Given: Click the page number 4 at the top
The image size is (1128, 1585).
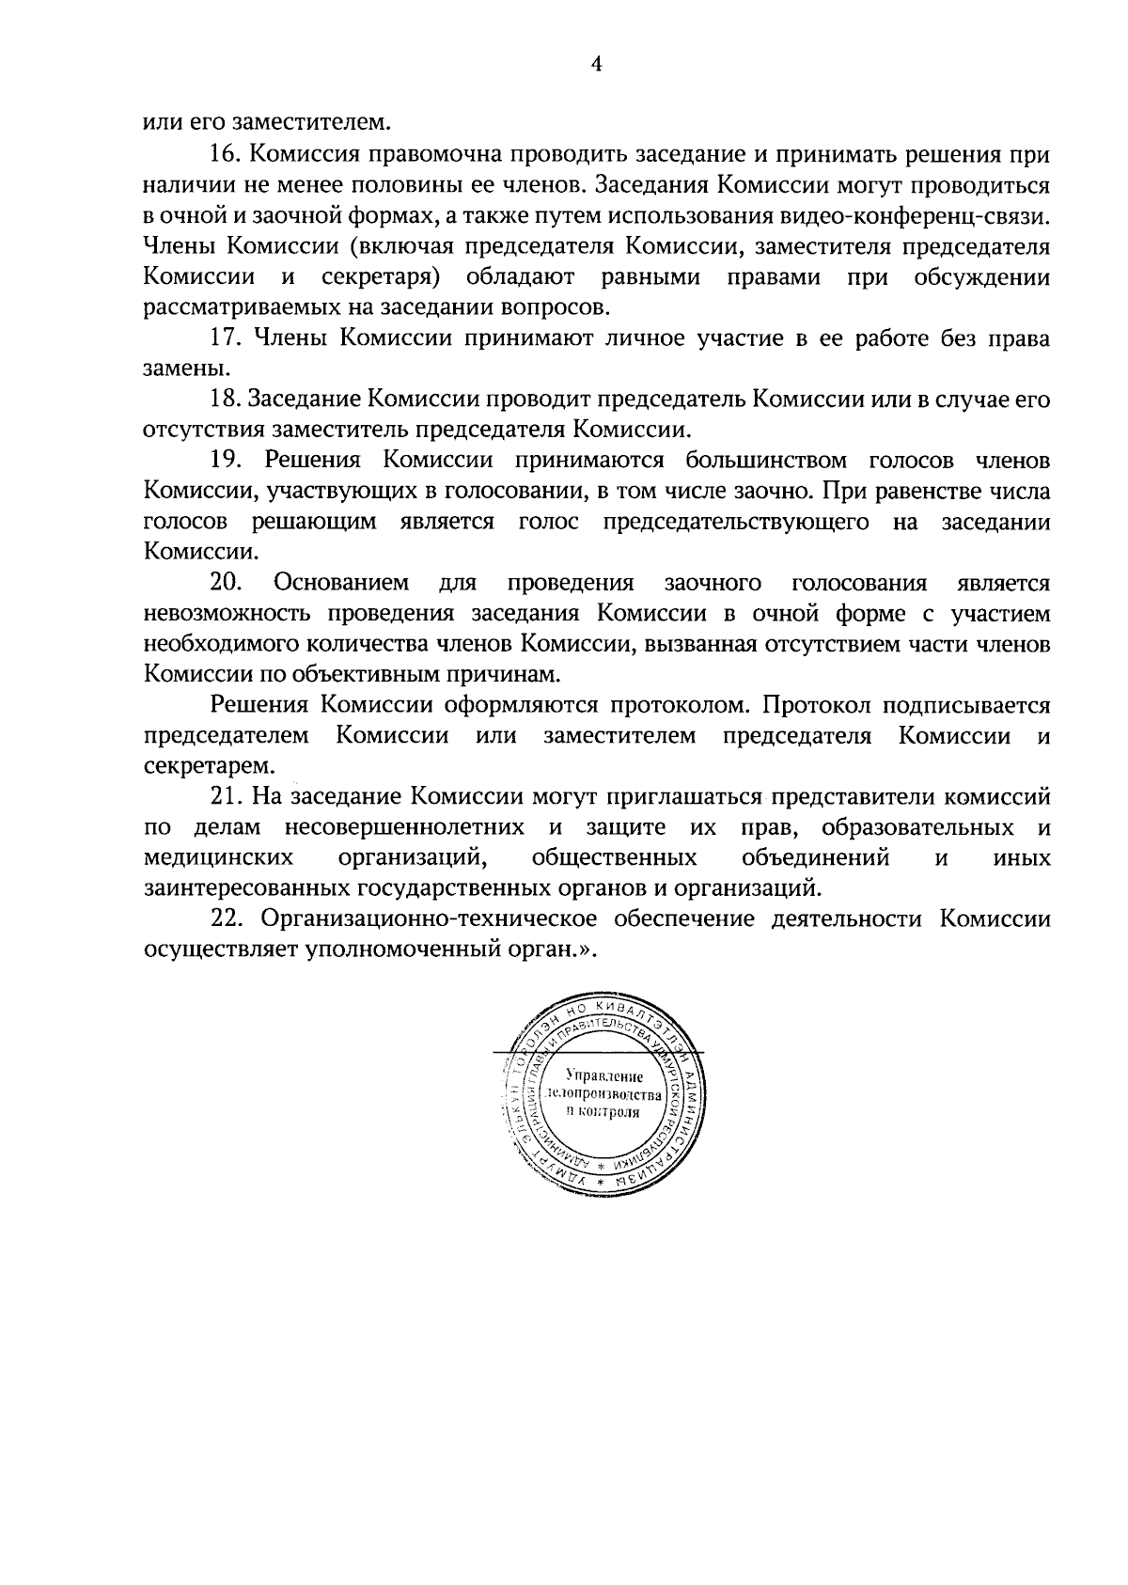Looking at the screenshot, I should pyautogui.click(x=594, y=64).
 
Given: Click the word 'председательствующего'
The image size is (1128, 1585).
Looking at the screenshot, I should pyautogui.click(x=736, y=524).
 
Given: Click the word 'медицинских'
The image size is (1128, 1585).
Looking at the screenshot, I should pyautogui.click(x=218, y=859).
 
